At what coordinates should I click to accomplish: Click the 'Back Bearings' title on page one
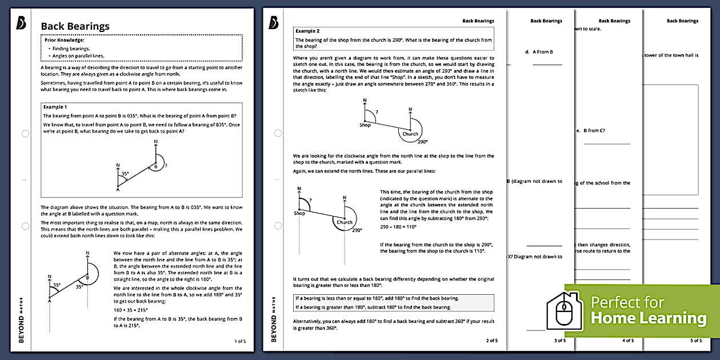[75, 26]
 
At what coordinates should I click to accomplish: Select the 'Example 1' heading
[55, 107]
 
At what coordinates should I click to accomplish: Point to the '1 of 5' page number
[240, 341]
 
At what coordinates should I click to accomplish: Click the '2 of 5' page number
[491, 341]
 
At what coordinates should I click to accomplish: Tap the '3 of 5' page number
[559, 341]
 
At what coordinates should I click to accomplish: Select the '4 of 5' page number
[627, 341]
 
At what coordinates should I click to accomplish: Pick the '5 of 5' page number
[695, 341]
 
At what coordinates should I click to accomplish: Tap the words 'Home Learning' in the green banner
[648, 318]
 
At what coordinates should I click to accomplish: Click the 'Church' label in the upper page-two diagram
[410, 134]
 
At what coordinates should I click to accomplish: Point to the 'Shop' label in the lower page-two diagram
[299, 213]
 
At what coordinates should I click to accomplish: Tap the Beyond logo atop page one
[22, 22]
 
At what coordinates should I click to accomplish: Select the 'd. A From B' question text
[539, 52]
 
